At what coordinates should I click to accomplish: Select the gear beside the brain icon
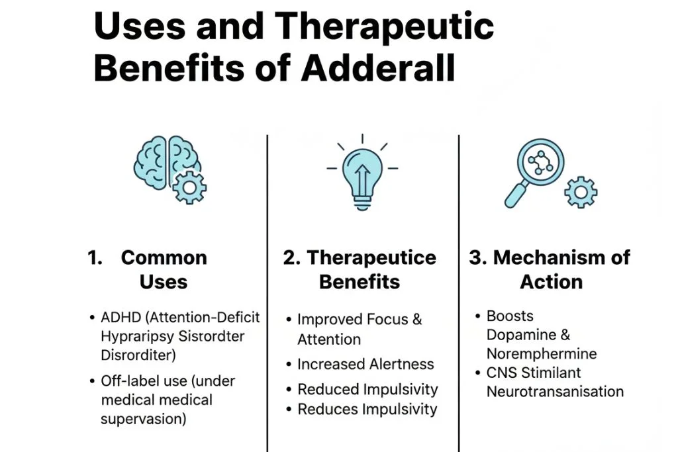[189, 187]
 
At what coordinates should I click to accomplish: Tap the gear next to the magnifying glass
[581, 192]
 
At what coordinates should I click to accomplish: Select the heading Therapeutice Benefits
[360, 269]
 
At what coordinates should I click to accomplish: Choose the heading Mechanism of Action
[550, 269]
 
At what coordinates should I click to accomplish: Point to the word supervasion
[143, 420]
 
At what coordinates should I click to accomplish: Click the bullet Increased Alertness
[365, 364]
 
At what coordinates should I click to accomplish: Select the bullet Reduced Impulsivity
[367, 389]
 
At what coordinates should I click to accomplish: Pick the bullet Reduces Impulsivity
[367, 409]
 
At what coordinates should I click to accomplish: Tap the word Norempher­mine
[541, 353]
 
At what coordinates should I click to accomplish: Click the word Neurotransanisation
[555, 391]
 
